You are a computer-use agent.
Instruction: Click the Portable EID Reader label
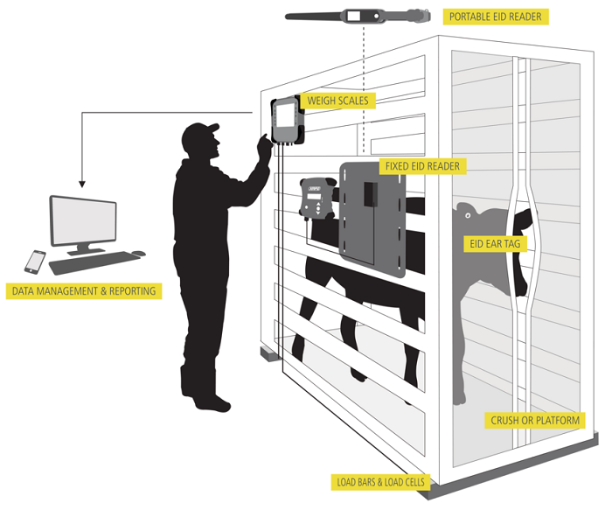point(494,17)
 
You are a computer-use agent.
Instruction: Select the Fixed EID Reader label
point(421,165)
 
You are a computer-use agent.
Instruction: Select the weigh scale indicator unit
point(287,120)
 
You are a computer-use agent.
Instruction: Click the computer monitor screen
point(83,219)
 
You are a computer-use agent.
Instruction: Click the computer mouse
point(136,254)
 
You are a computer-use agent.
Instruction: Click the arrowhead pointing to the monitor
point(82,184)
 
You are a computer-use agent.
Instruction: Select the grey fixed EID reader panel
point(372,219)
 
